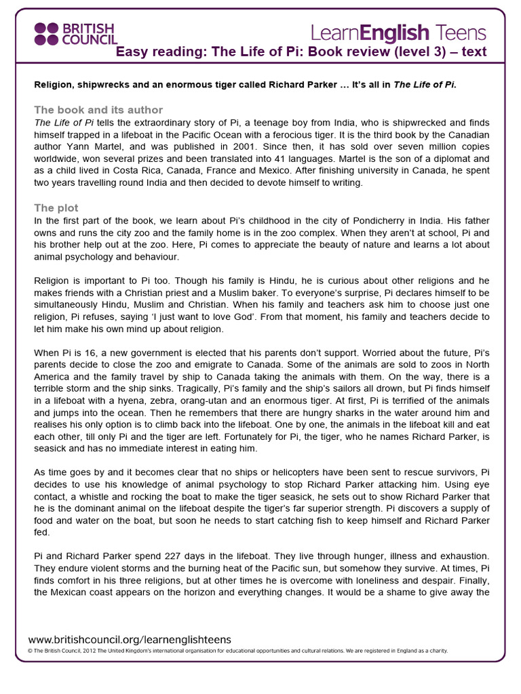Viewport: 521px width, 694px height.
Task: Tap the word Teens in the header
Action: click(x=461, y=32)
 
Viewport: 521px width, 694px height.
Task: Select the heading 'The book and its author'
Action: click(x=98, y=110)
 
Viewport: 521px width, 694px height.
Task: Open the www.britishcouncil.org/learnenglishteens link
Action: click(x=130, y=639)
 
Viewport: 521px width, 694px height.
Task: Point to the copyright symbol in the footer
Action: click(x=31, y=651)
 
